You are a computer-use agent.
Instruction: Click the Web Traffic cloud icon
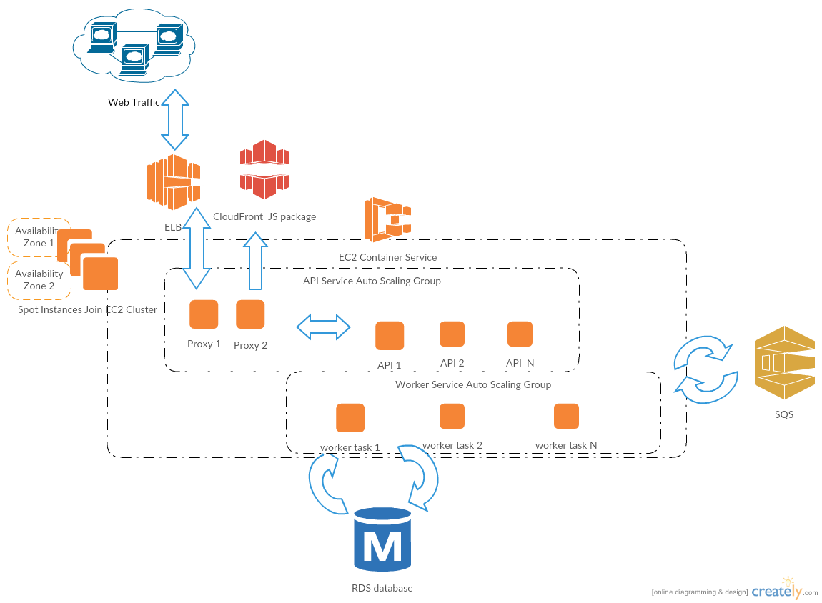click(x=134, y=46)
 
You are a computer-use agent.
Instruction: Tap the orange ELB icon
click(x=173, y=181)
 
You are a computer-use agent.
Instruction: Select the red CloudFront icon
click(x=264, y=169)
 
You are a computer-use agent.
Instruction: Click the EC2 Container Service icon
click(x=388, y=219)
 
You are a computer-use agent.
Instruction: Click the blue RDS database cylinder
click(x=382, y=539)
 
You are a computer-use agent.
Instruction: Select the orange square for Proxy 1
click(x=204, y=314)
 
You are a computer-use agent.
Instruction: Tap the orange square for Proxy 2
click(x=250, y=314)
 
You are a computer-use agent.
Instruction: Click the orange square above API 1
click(x=390, y=335)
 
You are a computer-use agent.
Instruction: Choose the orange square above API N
click(x=520, y=334)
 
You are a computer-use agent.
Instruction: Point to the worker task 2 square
click(x=452, y=416)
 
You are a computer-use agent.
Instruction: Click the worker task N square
click(x=566, y=416)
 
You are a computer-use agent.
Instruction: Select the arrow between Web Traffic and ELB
click(x=174, y=119)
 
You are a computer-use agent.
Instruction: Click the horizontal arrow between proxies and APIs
click(x=324, y=327)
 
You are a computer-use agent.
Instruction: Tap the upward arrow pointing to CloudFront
click(x=255, y=260)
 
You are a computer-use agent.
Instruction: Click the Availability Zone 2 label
click(x=39, y=280)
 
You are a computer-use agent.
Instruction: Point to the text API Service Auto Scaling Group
click(x=372, y=281)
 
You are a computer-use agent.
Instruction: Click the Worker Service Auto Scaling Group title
click(x=473, y=384)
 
